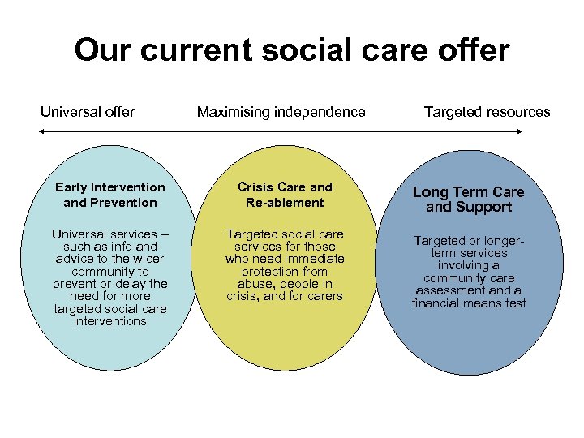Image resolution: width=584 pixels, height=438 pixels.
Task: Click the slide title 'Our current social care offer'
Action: click(x=292, y=50)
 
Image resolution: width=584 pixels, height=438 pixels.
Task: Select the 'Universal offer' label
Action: click(x=88, y=112)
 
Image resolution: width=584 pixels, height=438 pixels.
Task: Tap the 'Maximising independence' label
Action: click(x=281, y=112)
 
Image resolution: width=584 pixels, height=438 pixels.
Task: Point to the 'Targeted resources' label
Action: click(x=487, y=112)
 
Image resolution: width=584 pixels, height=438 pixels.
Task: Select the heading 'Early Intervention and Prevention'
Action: click(x=110, y=195)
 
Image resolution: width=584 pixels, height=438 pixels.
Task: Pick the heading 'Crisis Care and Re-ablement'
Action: click(x=285, y=195)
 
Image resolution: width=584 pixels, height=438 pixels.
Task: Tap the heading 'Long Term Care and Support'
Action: click(x=469, y=200)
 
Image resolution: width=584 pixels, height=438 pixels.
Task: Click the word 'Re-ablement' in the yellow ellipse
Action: click(x=285, y=203)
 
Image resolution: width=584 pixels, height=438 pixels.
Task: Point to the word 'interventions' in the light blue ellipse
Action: click(x=110, y=321)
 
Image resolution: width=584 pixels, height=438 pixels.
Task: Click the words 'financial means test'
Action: click(x=469, y=303)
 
